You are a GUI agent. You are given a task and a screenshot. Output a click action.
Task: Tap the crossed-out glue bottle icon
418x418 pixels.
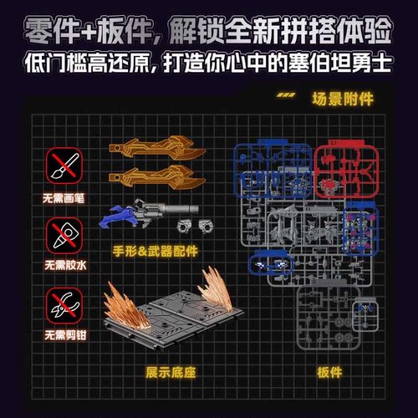pos(59,237)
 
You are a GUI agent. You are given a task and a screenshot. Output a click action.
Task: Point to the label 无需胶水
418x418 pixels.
pos(59,270)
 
